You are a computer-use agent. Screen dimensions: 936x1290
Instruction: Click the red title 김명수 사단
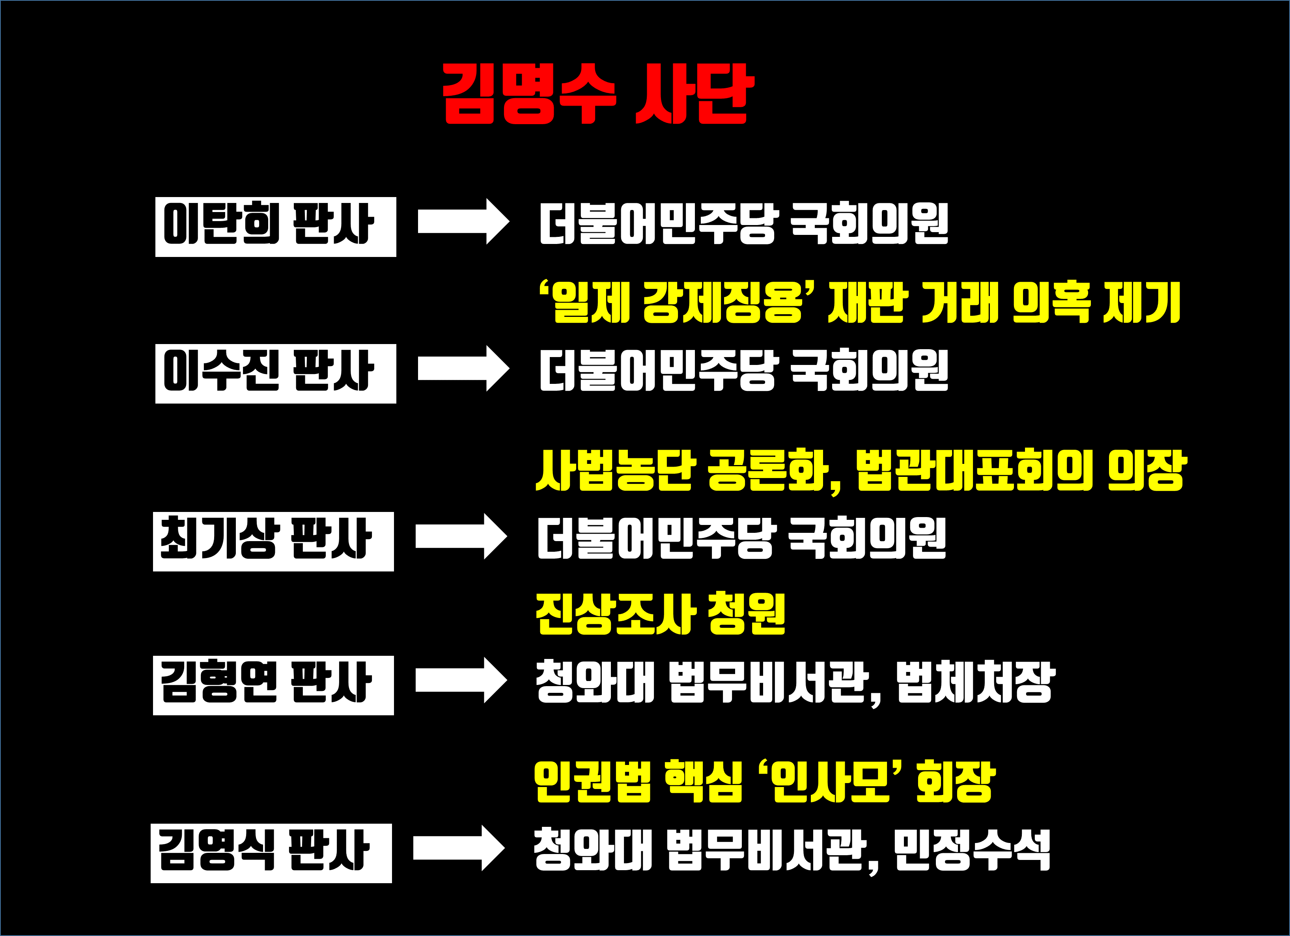[598, 94]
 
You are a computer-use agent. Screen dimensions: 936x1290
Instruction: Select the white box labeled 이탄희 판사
[275, 227]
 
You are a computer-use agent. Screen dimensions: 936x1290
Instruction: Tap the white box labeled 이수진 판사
[275, 373]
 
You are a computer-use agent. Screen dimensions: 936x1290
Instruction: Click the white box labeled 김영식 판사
[271, 853]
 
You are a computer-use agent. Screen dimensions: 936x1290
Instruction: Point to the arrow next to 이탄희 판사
[463, 221]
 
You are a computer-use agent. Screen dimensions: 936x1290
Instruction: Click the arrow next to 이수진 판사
[463, 368]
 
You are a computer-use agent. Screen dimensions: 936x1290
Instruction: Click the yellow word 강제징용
[722, 302]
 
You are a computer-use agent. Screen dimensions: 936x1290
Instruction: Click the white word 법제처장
[975, 682]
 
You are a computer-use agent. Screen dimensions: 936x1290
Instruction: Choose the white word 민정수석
[971, 850]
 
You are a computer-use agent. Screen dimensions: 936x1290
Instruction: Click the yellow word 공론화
[768, 471]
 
